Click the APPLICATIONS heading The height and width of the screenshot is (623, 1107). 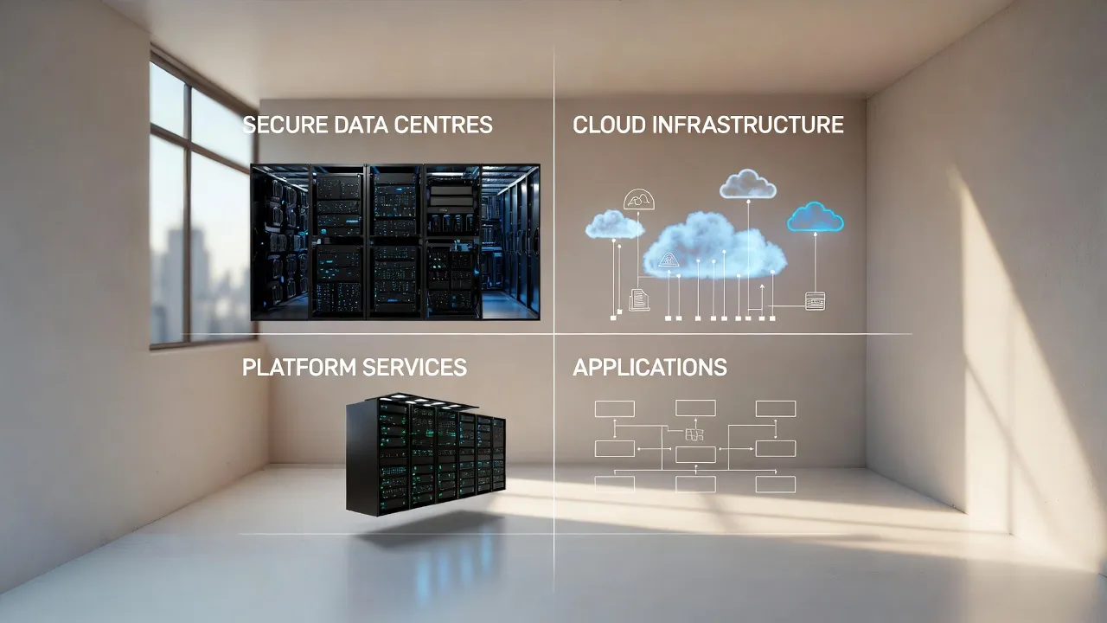tap(649, 367)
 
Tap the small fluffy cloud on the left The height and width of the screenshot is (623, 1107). tap(614, 225)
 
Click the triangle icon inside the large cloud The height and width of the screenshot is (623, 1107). tap(669, 259)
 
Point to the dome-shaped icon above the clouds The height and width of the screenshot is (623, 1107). tap(639, 199)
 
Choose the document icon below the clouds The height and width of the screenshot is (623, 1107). tap(639, 299)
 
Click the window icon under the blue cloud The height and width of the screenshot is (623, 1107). tap(815, 301)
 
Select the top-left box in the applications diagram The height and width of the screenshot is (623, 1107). tap(614, 408)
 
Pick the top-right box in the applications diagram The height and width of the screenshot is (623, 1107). tap(775, 408)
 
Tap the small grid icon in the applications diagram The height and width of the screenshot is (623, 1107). tap(694, 434)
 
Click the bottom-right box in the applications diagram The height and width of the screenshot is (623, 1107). tap(775, 484)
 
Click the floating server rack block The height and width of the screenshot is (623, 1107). tap(426, 455)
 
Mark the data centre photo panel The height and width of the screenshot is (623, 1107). tap(394, 242)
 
